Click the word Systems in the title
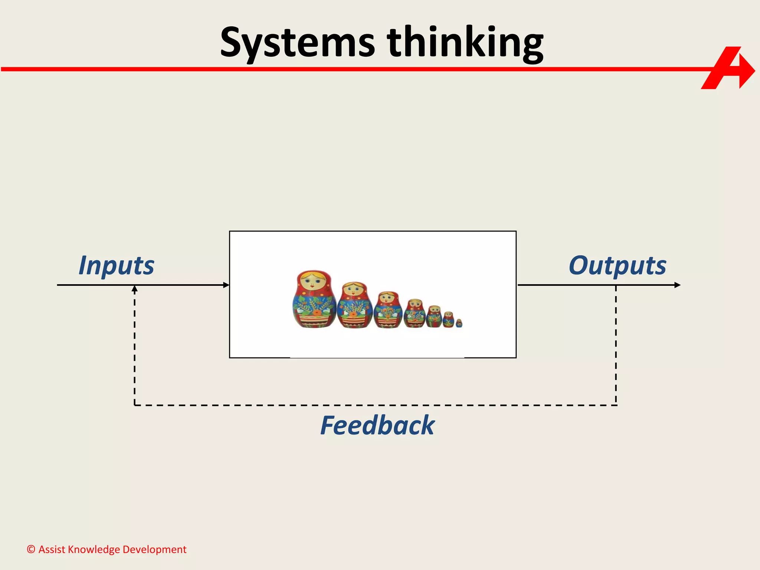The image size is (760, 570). point(297,43)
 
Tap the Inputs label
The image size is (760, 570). point(116,266)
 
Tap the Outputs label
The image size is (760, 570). point(617,266)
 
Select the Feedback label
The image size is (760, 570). point(377,425)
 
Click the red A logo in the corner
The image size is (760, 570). point(727,68)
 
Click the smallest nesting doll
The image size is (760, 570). point(459,323)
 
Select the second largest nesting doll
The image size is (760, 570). point(354,305)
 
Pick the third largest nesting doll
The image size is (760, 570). point(388,310)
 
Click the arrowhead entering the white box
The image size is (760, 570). point(226,285)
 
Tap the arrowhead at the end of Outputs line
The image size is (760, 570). point(677,285)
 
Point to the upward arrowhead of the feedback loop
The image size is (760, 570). point(135,289)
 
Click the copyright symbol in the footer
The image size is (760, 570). point(31,550)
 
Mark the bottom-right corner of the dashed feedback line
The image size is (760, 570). point(616,405)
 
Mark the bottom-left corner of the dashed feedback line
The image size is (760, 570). point(135,405)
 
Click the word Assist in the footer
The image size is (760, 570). point(52,550)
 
